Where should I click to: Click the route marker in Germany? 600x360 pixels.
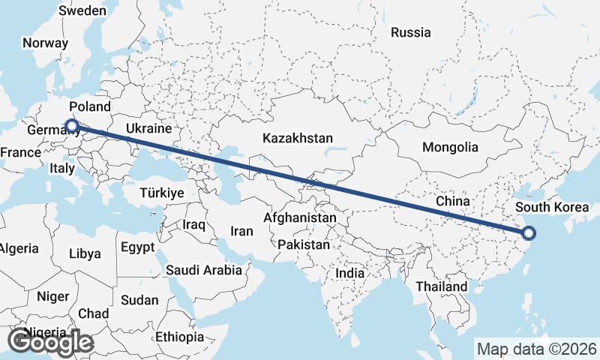click(x=72, y=126)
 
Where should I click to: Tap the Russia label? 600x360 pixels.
click(x=411, y=32)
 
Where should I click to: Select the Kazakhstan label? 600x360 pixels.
click(x=298, y=138)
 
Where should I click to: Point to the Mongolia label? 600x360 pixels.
click(x=450, y=147)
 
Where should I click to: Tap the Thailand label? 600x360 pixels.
click(x=442, y=286)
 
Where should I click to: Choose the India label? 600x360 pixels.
click(x=350, y=274)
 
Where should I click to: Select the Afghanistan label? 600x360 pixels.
click(x=300, y=217)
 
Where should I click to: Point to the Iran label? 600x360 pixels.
click(x=241, y=231)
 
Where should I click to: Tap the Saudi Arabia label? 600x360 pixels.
click(x=204, y=270)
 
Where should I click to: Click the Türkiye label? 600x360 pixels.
click(x=162, y=193)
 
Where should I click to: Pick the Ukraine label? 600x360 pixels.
click(x=149, y=128)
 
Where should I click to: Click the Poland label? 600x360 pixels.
click(x=89, y=106)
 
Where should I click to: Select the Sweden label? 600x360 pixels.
click(x=82, y=10)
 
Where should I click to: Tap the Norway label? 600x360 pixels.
click(x=45, y=43)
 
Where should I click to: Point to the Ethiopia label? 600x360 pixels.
click(x=179, y=337)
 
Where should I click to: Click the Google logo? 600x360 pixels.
click(x=50, y=342)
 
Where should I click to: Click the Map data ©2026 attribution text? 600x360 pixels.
click(x=537, y=349)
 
